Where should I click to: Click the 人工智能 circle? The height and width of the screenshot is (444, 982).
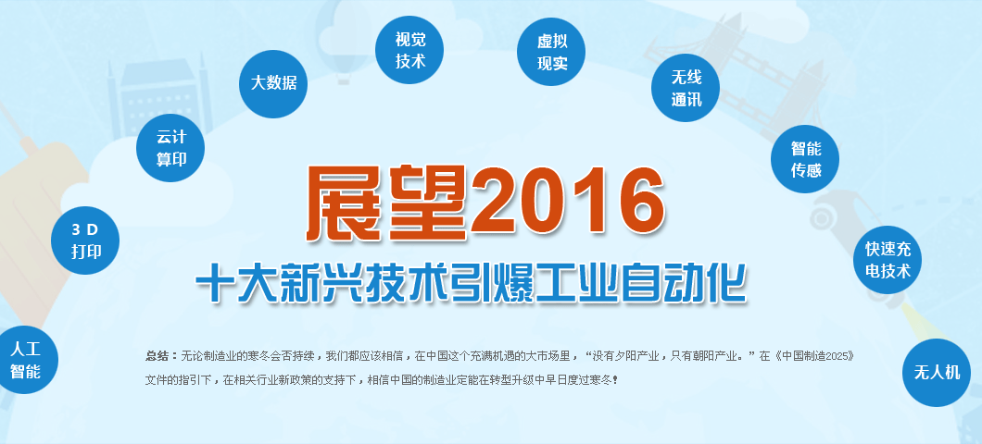coord(25,360)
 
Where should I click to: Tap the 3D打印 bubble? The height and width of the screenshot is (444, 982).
coord(85,240)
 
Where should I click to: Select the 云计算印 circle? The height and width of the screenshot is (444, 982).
coord(170,148)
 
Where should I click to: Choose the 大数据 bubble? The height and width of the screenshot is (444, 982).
coord(273,84)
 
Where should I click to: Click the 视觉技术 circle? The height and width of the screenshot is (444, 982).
coord(409,49)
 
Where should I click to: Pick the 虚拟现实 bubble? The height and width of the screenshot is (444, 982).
coord(551,52)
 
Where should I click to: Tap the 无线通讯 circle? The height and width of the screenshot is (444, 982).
coord(686,88)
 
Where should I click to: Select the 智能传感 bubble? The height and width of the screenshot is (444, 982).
coord(805,159)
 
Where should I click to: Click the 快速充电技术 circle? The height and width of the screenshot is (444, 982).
coord(888,260)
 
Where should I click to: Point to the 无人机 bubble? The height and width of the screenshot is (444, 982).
coord(937,373)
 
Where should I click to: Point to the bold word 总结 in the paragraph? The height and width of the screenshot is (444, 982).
coord(157,356)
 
